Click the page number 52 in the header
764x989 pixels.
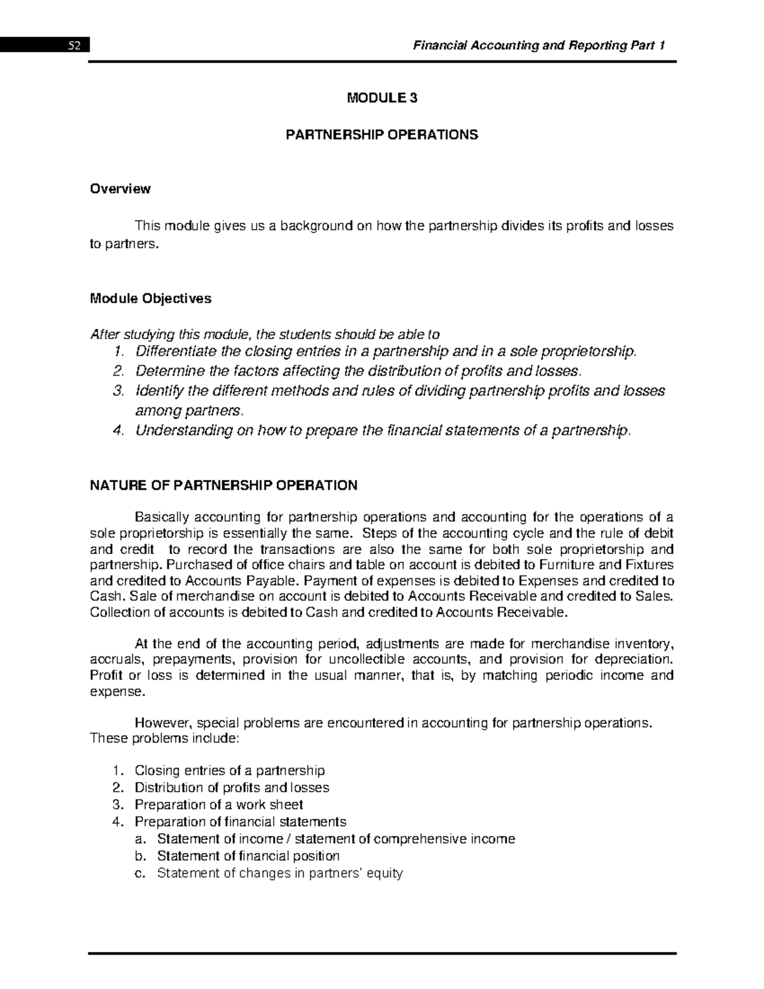tap(76, 46)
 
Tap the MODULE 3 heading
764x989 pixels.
tap(381, 98)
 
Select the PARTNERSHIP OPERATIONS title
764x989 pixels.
tap(381, 135)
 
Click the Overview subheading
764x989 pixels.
tap(120, 189)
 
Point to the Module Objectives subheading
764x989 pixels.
tap(151, 298)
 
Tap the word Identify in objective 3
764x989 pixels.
tap(157, 390)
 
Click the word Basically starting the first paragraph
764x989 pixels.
tap(161, 516)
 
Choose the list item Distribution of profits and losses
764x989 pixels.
tap(232, 787)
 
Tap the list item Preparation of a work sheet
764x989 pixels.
tap(218, 804)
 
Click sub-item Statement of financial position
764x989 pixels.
tap(248, 856)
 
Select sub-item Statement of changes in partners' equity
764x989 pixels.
tap(279, 873)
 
